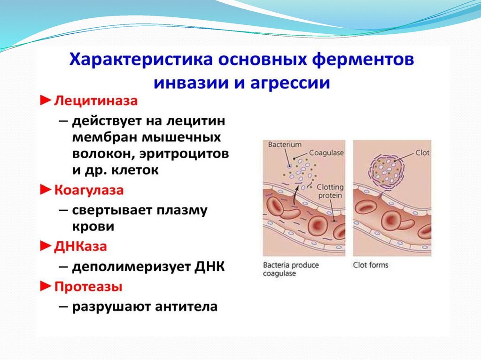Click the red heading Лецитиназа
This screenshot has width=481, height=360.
pyautogui.click(x=96, y=101)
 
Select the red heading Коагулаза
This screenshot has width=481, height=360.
pyautogui.click(x=89, y=190)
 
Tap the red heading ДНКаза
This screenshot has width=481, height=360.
pyautogui.click(x=81, y=246)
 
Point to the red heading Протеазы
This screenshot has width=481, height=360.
pyautogui.click(x=88, y=287)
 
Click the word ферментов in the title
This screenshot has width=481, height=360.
pyautogui.click(x=363, y=60)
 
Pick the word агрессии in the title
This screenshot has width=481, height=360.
pyautogui.click(x=290, y=83)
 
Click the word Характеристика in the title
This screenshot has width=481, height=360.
pyautogui.click(x=141, y=59)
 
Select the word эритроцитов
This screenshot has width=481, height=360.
pyautogui.click(x=184, y=153)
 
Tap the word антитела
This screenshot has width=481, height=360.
pyautogui.click(x=186, y=306)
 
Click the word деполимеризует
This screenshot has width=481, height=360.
pyautogui.click(x=132, y=267)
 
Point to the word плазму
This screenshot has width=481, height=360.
pyautogui.click(x=182, y=211)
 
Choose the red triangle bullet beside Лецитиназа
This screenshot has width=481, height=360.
pyautogui.click(x=46, y=100)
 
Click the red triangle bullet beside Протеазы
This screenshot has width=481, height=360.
pyautogui.click(x=46, y=286)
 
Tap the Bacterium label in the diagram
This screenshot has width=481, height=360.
pyautogui.click(x=285, y=145)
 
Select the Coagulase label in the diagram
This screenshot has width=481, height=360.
pyautogui.click(x=326, y=153)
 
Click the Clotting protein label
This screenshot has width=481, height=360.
pyautogui.click(x=330, y=191)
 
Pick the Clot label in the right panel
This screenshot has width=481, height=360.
pyautogui.click(x=422, y=153)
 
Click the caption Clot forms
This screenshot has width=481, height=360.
pyautogui.click(x=371, y=265)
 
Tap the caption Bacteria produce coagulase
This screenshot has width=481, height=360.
pyautogui.click(x=291, y=269)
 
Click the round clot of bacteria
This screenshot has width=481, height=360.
pyautogui.click(x=386, y=170)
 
